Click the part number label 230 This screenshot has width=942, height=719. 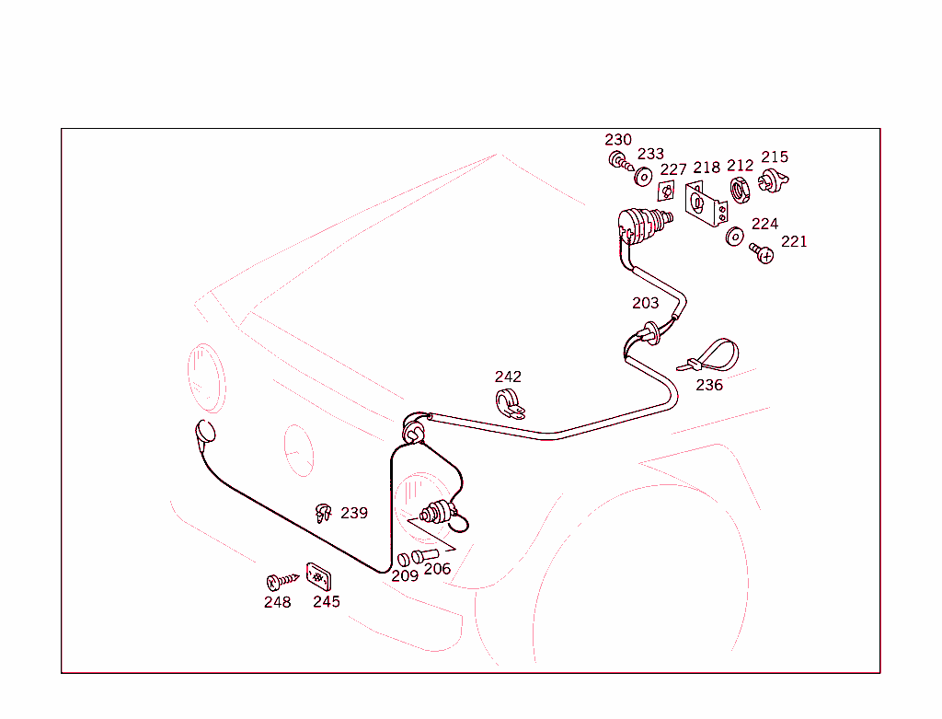pyautogui.click(x=617, y=139)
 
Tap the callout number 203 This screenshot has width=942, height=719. pyautogui.click(x=645, y=303)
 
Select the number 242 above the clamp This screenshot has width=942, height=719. pyautogui.click(x=508, y=377)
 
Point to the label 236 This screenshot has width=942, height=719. pyautogui.click(x=709, y=385)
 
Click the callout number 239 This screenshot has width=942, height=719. pyautogui.click(x=354, y=513)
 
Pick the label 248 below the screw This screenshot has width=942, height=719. pyautogui.click(x=277, y=602)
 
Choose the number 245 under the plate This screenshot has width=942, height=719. pyautogui.click(x=327, y=601)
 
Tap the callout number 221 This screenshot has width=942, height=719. pyautogui.click(x=794, y=242)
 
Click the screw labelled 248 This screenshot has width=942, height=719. pyautogui.click(x=281, y=581)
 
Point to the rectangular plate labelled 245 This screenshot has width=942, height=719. pyautogui.click(x=317, y=576)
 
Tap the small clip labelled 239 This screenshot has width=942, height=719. pyautogui.click(x=323, y=513)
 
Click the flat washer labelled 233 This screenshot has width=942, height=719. pyautogui.click(x=643, y=177)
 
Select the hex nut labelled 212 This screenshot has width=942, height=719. pyautogui.click(x=740, y=190)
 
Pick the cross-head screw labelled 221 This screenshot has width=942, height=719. pyautogui.click(x=762, y=253)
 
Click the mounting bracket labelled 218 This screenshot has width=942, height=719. pyautogui.click(x=706, y=203)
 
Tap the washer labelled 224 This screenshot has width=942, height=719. pyautogui.click(x=734, y=237)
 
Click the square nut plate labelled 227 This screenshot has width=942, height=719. pyautogui.click(x=666, y=191)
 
